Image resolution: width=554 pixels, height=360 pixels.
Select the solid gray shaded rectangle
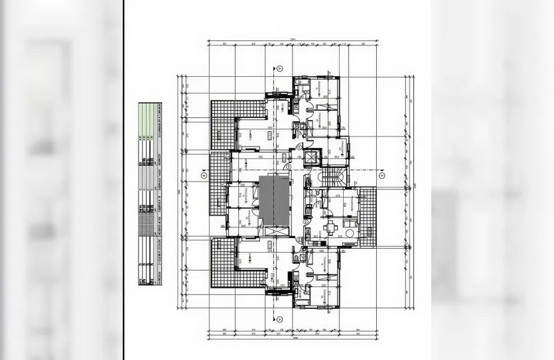coord(274,200)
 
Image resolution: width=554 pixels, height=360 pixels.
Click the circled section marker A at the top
coord(279,68)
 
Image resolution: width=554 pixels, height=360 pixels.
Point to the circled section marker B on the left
coord(204,175)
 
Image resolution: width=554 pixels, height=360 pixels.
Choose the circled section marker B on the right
coord(382,176)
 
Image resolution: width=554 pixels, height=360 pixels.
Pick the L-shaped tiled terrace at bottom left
coord(222,265)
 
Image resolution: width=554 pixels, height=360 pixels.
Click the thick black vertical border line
coord(123,180)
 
